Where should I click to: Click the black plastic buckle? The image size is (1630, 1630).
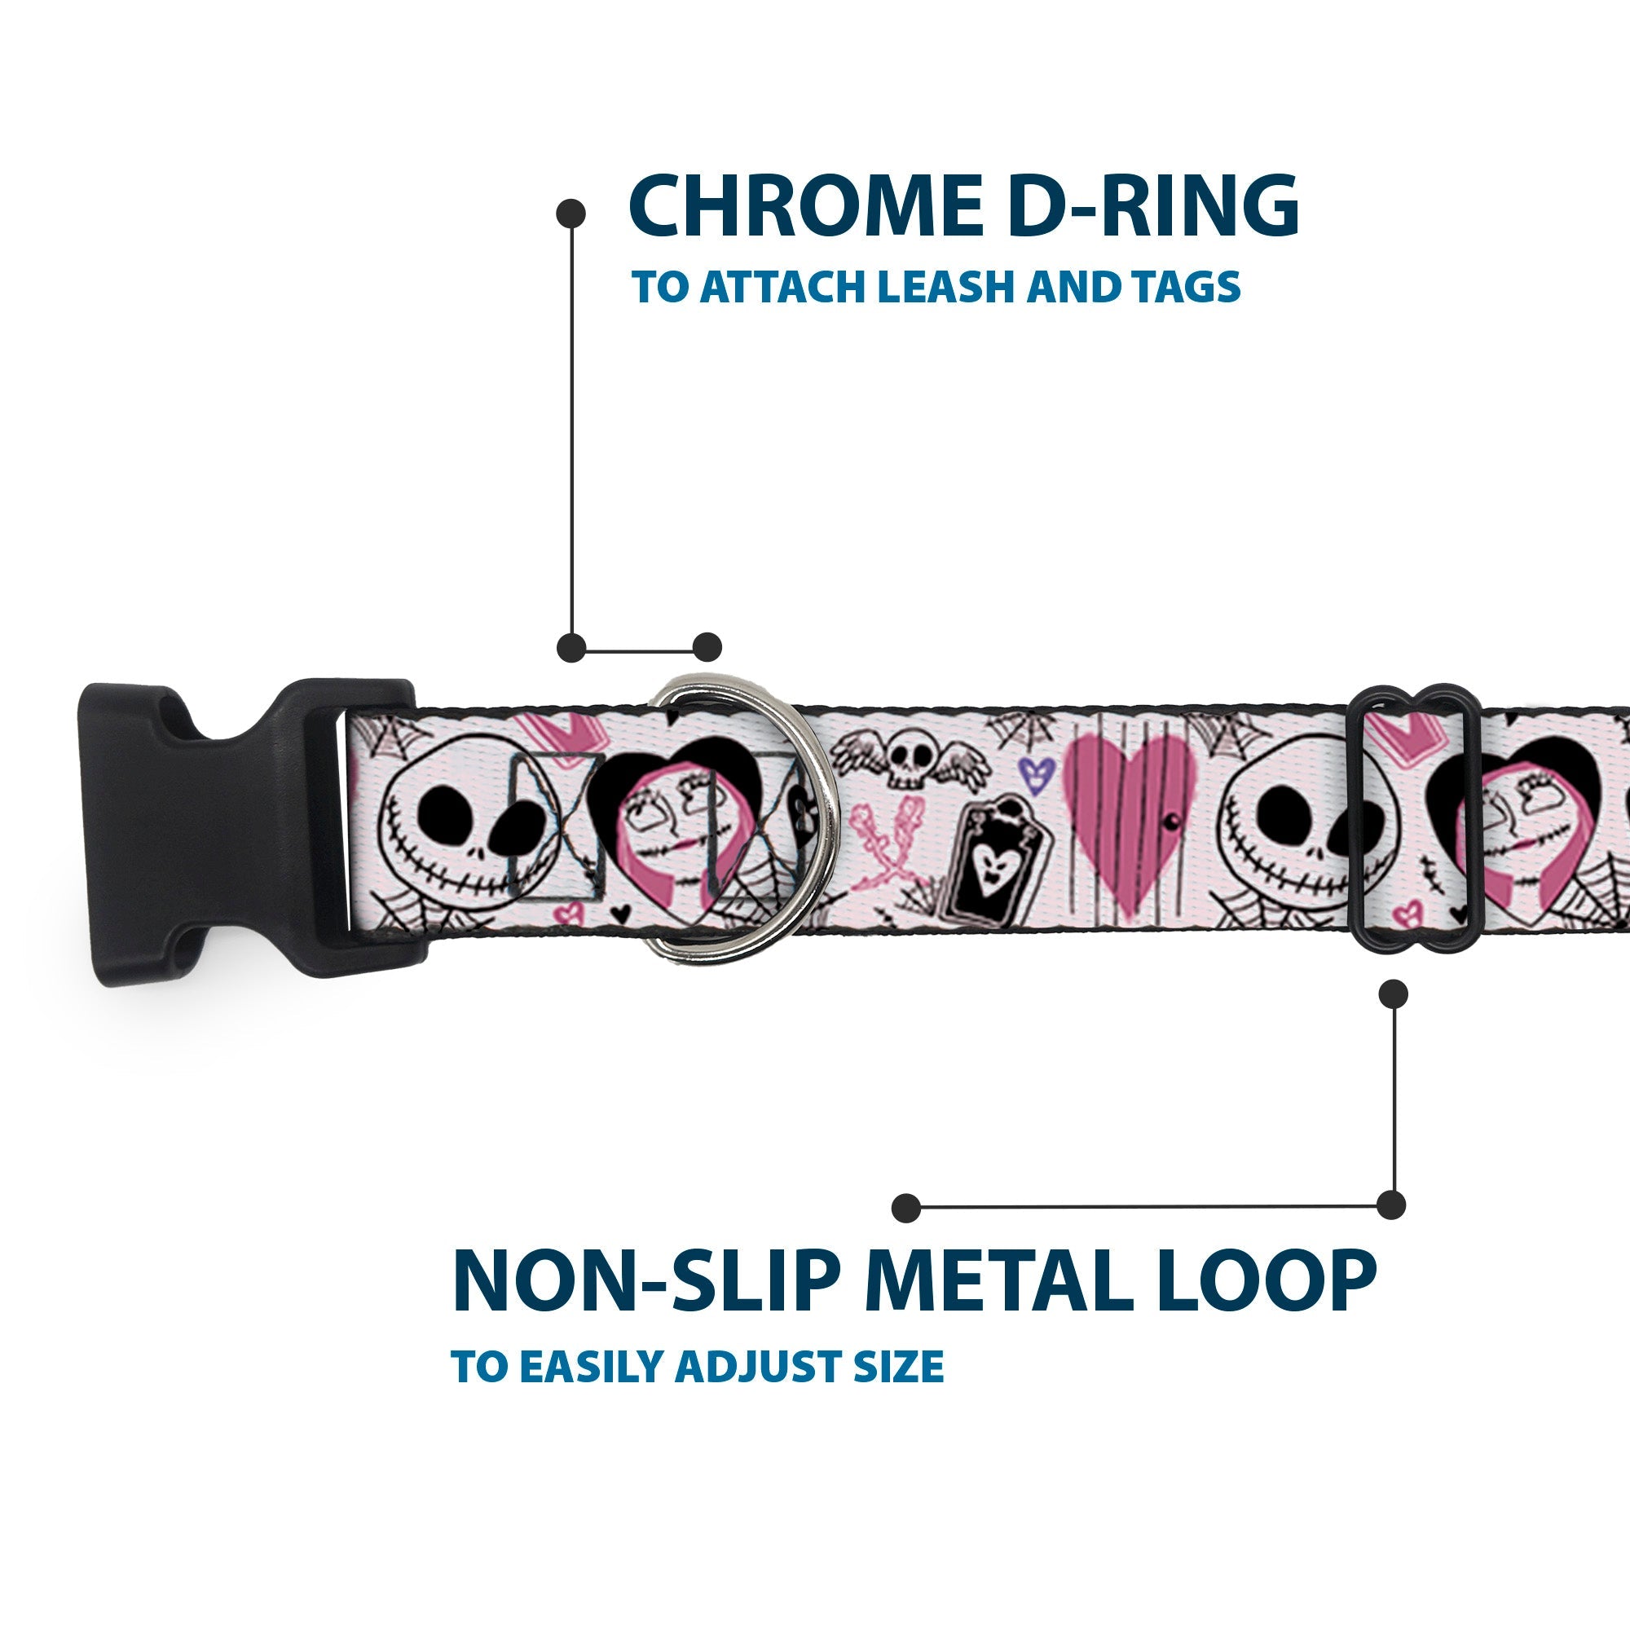click(228, 831)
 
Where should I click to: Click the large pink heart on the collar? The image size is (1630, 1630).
click(1130, 814)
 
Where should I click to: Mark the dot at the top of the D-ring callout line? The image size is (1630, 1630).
click(571, 214)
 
